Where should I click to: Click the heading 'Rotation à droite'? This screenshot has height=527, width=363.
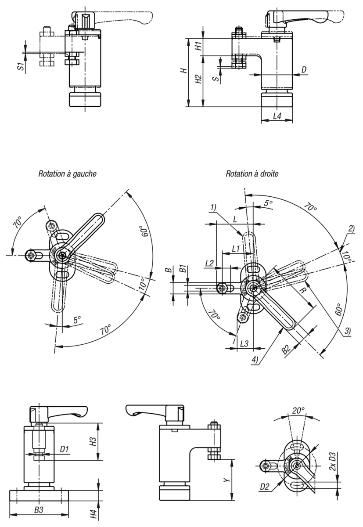point(252,174)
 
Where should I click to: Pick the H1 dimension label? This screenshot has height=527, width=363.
point(198,46)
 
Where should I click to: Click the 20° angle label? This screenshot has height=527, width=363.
point(298,411)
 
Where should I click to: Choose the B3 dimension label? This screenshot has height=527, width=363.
point(39,511)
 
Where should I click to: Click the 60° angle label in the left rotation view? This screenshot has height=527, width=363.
point(144,232)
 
